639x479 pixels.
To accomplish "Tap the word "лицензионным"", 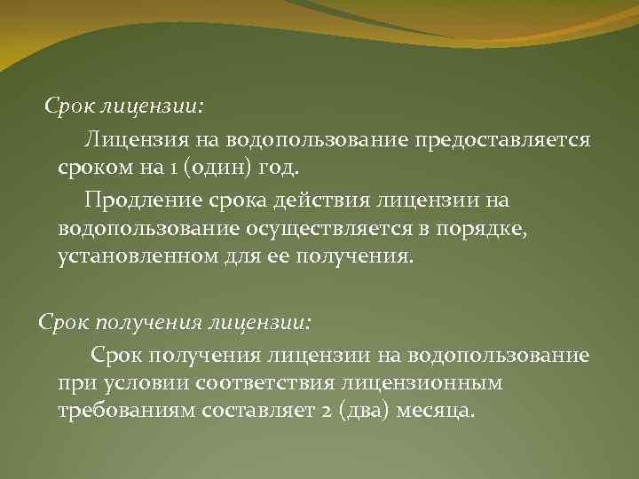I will coord(430,383).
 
